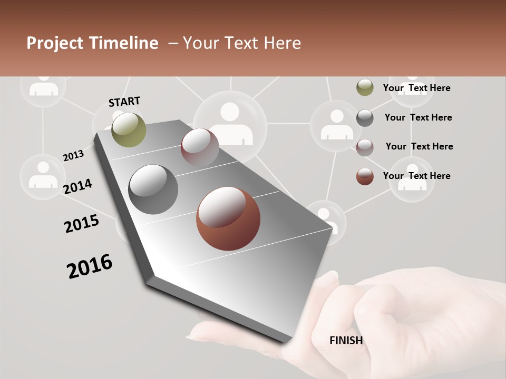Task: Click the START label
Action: point(124,102)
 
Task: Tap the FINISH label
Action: point(346,341)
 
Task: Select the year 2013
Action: point(73,156)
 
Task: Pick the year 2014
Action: point(77,186)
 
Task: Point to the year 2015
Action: point(81,224)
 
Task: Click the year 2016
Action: point(90,266)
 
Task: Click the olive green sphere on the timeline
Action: point(129,129)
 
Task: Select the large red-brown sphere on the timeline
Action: point(228,218)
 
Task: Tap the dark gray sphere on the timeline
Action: point(153,189)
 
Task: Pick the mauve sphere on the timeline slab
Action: point(200,147)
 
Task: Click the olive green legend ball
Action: point(365,88)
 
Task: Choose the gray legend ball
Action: point(365,118)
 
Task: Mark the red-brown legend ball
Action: point(365,176)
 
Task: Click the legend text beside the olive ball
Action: point(416,88)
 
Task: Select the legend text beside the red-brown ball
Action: point(416,176)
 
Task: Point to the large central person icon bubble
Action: point(230,124)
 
